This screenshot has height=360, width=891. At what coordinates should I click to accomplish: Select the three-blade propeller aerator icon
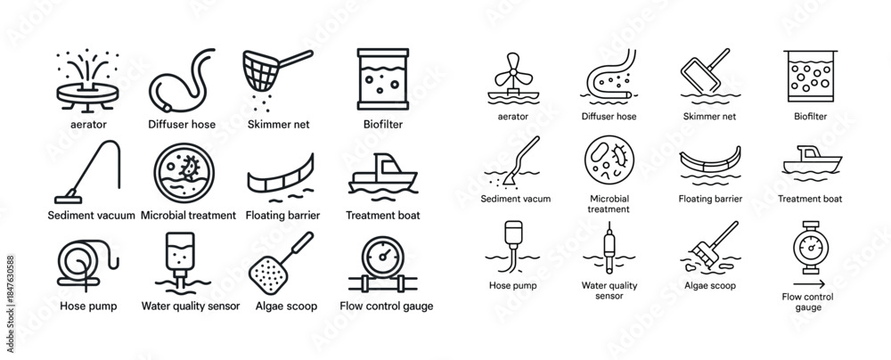(x=513, y=78)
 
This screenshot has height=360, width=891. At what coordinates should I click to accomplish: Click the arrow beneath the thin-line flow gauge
(x=809, y=284)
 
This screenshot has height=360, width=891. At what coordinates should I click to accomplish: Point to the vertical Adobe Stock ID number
(x=10, y=304)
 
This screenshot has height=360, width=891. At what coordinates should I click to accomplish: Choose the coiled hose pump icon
(x=87, y=265)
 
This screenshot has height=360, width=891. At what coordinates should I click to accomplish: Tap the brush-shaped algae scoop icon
(x=710, y=248)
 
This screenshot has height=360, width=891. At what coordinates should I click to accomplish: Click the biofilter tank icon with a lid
(x=383, y=79)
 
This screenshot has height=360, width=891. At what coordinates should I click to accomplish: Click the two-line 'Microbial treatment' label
(x=609, y=204)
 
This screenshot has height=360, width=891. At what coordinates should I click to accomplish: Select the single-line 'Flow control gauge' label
(x=387, y=306)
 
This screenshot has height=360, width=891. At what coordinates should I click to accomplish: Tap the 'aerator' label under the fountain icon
(x=87, y=124)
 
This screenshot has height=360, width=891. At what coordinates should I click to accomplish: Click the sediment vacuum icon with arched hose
(x=88, y=172)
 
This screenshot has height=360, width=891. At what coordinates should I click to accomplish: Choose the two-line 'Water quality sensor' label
(x=609, y=290)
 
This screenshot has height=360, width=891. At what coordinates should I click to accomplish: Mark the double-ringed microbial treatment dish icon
(x=184, y=173)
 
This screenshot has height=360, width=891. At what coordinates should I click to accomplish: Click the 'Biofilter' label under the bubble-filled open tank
(x=810, y=117)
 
